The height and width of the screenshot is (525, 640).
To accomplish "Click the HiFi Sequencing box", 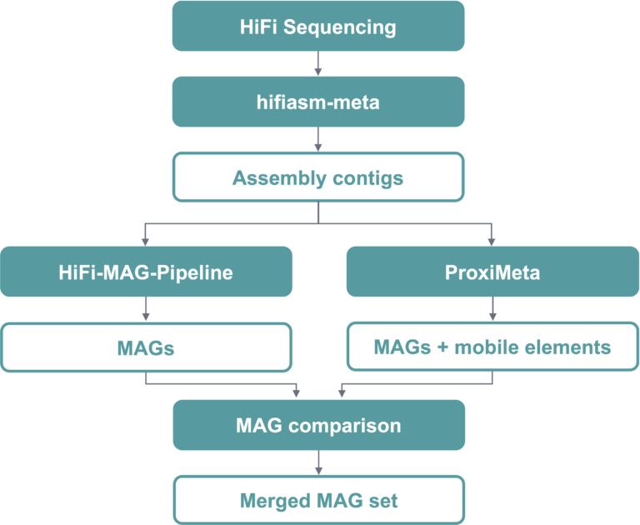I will pos(317,26).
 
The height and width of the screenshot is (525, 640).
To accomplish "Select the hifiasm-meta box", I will pos(317,102).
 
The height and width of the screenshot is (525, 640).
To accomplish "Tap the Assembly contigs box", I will pos(317,177).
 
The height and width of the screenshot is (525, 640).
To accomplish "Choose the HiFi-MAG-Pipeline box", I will pos(146,272).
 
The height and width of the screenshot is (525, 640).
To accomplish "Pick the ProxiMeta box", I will pos(492,272).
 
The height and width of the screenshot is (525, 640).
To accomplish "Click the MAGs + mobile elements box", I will pos(492,347).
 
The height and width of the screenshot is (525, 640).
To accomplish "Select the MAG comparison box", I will pos(317,425).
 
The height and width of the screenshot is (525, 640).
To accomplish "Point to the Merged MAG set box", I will pos(317,501).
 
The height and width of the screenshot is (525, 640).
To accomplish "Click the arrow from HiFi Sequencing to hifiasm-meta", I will pos(317,63).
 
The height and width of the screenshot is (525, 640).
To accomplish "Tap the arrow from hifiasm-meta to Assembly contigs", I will pos(317,139).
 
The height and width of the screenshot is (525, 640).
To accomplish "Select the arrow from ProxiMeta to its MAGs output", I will pos(492,309).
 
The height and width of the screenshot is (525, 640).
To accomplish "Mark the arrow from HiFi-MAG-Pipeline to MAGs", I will pos(146,309).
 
